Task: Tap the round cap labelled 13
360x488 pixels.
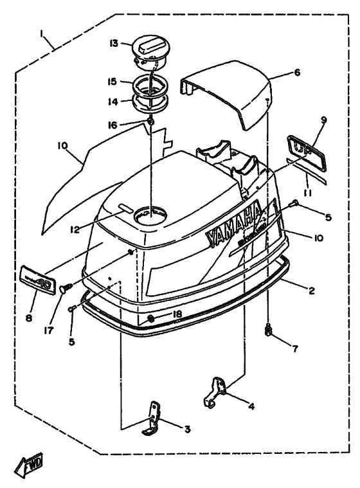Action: pyautogui.click(x=148, y=51)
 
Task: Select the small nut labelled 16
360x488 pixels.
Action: pyautogui.click(x=149, y=122)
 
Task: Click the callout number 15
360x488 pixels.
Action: pyautogui.click(x=112, y=82)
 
